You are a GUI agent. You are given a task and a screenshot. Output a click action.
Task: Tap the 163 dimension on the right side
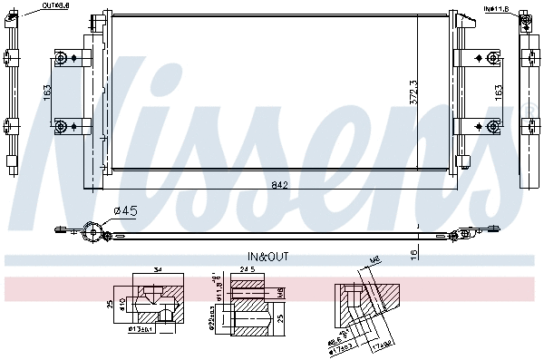point(498,92)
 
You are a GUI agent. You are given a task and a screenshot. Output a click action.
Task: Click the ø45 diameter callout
point(124,212)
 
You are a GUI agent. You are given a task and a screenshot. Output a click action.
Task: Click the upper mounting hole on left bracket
point(62,60)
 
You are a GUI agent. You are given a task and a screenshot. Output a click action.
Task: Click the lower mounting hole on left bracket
point(62,124)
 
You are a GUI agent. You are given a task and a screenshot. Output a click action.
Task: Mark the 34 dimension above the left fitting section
point(158,270)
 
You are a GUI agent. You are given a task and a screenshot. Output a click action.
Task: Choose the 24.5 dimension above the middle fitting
point(247,270)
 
